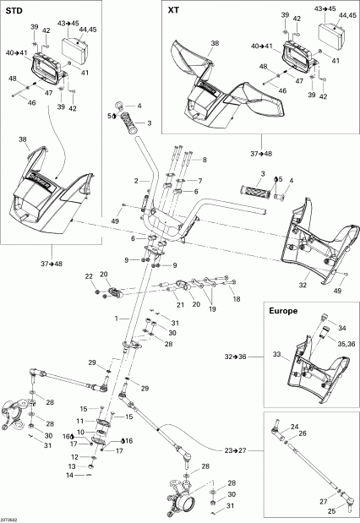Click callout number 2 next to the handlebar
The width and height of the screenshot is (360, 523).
coord(134,181)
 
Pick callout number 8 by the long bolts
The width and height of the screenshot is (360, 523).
coord(202,160)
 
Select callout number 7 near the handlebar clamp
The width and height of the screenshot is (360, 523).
coord(200,181)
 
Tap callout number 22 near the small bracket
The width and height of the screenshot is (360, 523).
coord(89,277)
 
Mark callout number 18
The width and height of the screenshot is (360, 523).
coord(237,299)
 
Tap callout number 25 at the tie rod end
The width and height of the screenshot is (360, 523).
coord(330,510)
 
